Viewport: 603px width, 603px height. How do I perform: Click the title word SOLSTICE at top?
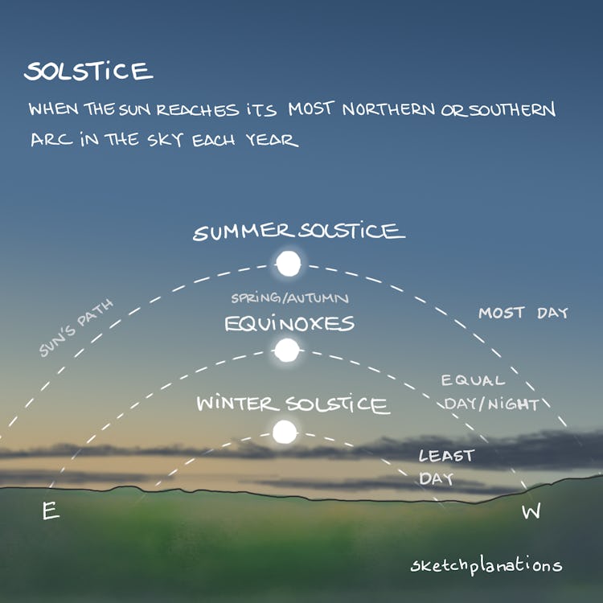88,72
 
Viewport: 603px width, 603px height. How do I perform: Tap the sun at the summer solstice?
287,261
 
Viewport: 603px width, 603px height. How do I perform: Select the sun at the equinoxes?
286,350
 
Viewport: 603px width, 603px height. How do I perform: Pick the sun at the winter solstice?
284,432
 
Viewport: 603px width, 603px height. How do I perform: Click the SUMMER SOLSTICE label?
298,232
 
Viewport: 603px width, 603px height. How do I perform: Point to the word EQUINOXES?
289,324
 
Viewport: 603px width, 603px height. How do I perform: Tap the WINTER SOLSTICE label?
293,404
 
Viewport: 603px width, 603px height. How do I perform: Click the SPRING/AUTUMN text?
289,298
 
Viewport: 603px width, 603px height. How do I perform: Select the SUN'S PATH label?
76,328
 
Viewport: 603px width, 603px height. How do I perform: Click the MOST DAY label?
523,312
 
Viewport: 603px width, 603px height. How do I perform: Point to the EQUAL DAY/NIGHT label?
489,392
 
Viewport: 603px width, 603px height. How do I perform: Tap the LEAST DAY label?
445,467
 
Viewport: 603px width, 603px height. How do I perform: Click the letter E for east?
51,511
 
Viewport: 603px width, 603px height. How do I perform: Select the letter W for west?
531,512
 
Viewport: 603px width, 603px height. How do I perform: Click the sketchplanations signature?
485,566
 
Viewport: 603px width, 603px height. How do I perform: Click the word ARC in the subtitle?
47,140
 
